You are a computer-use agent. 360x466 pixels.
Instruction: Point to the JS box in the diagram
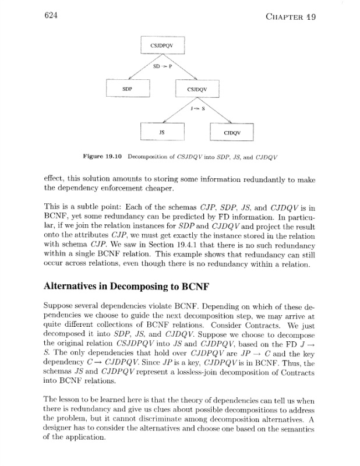163,132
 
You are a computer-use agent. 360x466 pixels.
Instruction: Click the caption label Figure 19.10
104,157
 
